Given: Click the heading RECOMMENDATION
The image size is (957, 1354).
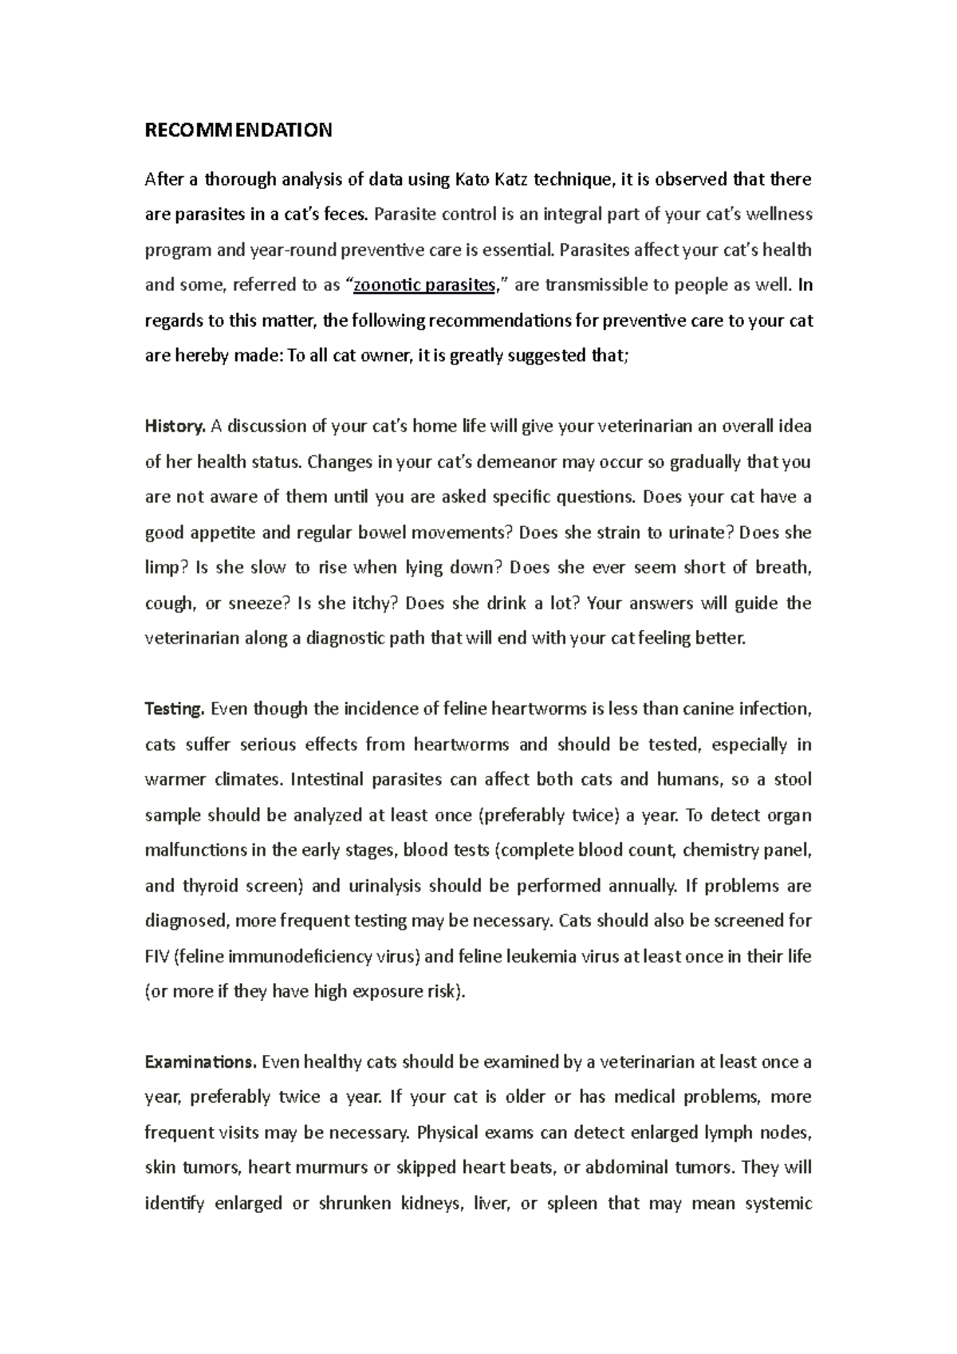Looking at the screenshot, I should click(x=238, y=131).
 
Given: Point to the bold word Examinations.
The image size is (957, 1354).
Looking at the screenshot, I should click(x=200, y=1062).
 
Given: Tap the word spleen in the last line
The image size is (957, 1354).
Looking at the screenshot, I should click(x=572, y=1203).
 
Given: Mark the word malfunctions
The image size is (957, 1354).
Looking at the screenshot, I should click(x=195, y=850).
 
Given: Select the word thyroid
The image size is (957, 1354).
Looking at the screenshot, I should click(x=210, y=886).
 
